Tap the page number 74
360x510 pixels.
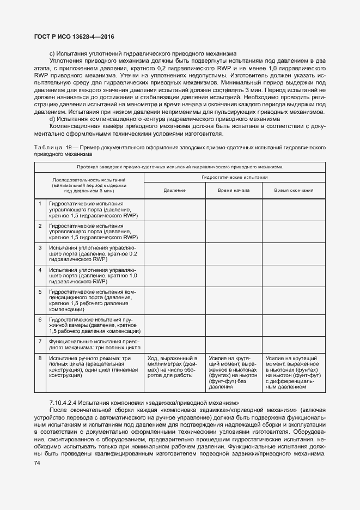tap(37, 463)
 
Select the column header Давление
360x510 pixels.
tap(174, 190)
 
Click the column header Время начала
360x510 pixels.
tap(234, 190)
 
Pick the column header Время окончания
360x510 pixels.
tap(293, 190)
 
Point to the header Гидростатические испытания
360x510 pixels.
tap(234, 178)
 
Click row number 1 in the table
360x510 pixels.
tap(40, 203)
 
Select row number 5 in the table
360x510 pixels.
tap(40, 292)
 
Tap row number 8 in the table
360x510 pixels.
tap(40, 358)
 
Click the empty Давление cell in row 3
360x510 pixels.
tap(174, 254)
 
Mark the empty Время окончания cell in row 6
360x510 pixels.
tap(293, 325)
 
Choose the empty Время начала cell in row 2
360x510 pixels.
tap(234, 232)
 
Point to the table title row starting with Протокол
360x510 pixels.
tap(180, 167)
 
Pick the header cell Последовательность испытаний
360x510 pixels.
tap(89, 185)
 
